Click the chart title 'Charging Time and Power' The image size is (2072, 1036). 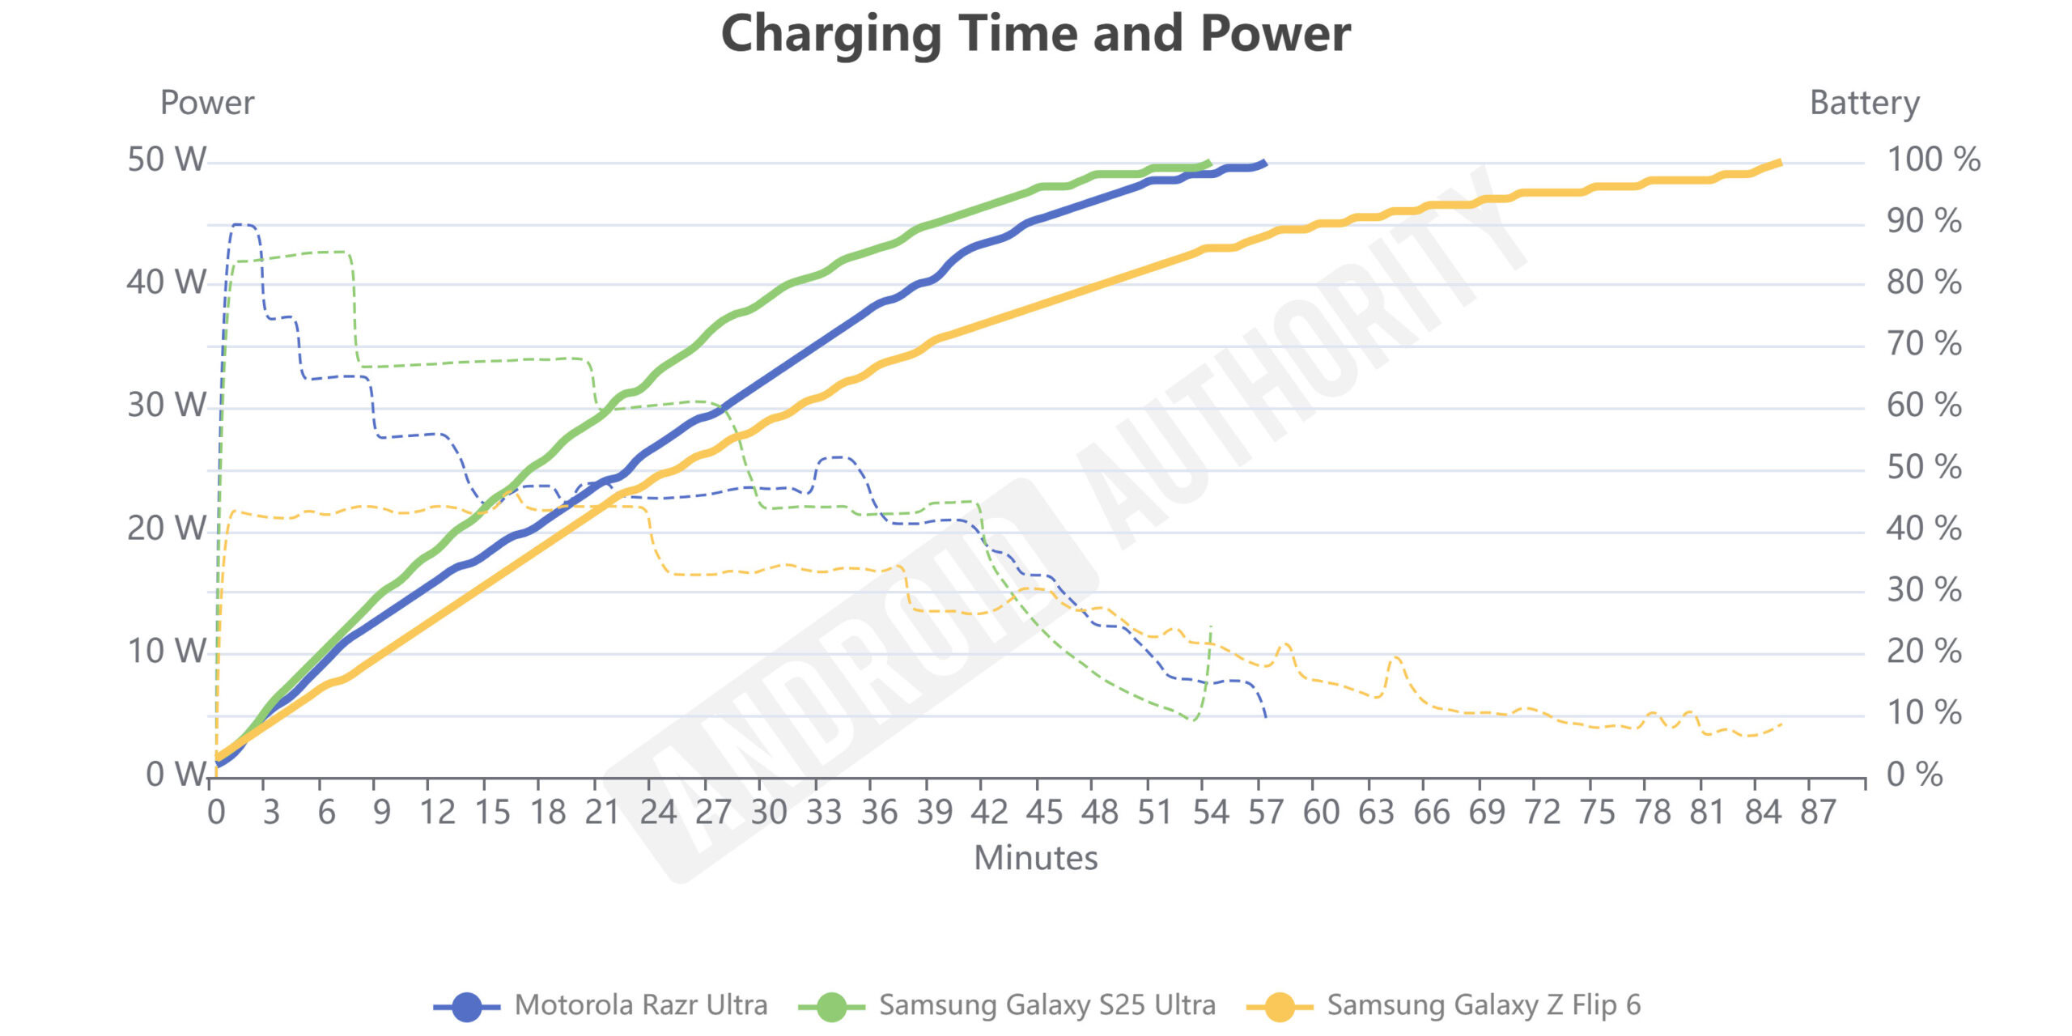[1035, 34]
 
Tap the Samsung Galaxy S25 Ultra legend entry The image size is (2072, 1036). [1007, 1005]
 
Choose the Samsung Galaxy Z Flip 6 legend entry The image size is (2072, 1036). [1444, 1005]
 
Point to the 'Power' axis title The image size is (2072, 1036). [207, 103]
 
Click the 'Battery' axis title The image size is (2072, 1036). [1864, 103]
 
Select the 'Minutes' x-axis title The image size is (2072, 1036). [1035, 858]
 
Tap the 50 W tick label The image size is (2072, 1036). [167, 159]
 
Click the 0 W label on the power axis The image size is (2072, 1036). [175, 775]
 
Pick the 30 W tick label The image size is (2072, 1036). [167, 405]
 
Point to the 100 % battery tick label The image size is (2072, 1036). [1933, 159]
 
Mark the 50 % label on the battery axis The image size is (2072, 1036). [1924, 467]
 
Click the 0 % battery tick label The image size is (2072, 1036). [1914, 775]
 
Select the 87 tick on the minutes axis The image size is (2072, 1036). [1818, 812]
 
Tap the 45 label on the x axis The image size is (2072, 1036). [1044, 812]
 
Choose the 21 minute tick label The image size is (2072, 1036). [602, 812]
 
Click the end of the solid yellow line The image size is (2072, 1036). [1780, 163]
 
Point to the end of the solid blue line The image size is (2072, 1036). [1264, 163]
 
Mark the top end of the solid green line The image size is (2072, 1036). [1209, 162]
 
